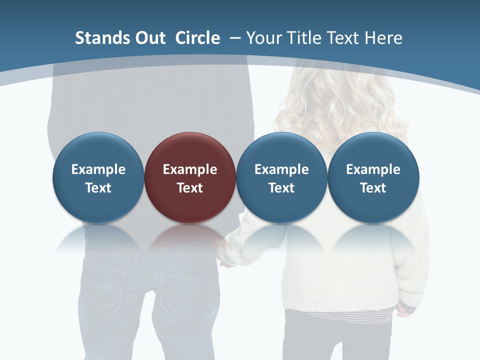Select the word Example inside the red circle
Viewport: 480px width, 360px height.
[x=190, y=169]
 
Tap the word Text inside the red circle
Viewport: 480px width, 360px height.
[x=190, y=188]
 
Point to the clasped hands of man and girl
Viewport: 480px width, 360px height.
[x=226, y=255]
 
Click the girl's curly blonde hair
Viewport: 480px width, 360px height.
[x=340, y=100]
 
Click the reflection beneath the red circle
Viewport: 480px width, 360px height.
[x=190, y=237]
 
